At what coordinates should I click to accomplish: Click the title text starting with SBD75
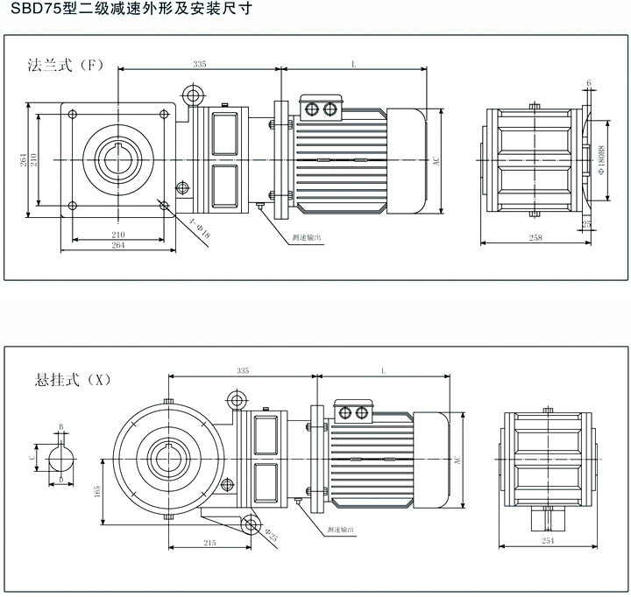(x=119, y=11)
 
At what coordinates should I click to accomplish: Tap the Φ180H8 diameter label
(x=602, y=159)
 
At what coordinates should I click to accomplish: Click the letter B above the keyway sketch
(x=60, y=426)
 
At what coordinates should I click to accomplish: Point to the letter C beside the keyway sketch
(x=33, y=457)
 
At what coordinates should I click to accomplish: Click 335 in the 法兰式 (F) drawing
(x=199, y=64)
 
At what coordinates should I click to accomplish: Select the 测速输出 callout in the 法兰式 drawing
(x=307, y=236)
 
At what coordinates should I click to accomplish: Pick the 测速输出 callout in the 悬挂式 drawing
(x=339, y=530)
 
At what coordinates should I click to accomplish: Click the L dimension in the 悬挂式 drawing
(x=383, y=371)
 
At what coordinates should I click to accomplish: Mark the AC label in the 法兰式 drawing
(x=435, y=160)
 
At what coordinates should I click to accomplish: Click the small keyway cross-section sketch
(x=60, y=457)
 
